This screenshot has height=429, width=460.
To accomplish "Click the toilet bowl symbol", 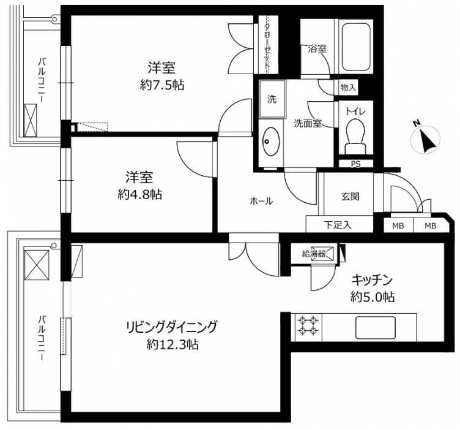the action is [355, 136].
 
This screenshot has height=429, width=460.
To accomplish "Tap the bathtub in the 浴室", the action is [356, 47].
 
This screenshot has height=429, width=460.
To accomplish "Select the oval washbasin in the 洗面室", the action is [271, 142].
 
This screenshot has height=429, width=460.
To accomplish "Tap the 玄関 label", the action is [351, 196].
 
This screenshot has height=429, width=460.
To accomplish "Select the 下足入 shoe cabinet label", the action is [338, 225].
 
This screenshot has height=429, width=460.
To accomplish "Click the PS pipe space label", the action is [356, 164].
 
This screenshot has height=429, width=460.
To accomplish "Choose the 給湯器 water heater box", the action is [314, 253].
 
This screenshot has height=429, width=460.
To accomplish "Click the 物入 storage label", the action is [348, 87].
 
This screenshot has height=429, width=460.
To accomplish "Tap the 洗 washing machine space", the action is [272, 99].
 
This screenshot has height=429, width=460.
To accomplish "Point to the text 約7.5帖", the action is [162, 85].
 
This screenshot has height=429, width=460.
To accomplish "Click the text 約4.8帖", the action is [140, 194].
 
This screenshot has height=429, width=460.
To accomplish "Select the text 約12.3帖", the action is [172, 344].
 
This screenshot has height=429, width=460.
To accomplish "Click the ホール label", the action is [261, 201].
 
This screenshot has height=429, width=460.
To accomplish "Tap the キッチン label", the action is [373, 280].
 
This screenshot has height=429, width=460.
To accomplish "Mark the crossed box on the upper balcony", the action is [31, 120].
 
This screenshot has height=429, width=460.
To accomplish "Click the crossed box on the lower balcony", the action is [37, 265].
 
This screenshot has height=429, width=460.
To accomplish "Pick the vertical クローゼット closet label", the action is [267, 47].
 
